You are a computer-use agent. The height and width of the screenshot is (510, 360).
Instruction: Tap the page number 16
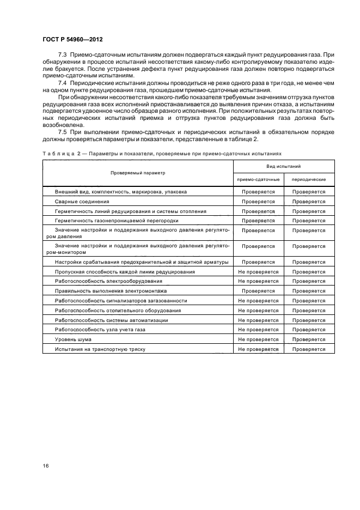tap(46, 466)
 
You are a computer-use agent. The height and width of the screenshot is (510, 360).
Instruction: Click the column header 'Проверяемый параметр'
tap(138, 173)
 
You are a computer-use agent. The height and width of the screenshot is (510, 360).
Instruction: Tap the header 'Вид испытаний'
tap(284, 166)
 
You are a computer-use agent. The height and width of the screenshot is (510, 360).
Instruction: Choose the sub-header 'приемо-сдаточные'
tap(258, 179)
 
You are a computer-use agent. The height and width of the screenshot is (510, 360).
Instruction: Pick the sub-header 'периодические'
tap(309, 179)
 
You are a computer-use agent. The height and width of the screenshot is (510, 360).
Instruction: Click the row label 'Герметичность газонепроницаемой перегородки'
tap(117, 221)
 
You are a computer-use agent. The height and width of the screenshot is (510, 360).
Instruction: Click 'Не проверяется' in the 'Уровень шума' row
tap(258, 339)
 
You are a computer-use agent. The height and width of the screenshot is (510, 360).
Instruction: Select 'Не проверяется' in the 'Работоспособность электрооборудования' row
tap(258, 281)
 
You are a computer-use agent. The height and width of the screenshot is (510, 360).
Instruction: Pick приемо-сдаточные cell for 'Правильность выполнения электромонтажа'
tap(258, 291)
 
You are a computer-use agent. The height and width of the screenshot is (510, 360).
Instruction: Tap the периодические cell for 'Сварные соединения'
tap(309, 202)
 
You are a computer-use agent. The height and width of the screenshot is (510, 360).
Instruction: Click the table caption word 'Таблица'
tap(58, 154)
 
